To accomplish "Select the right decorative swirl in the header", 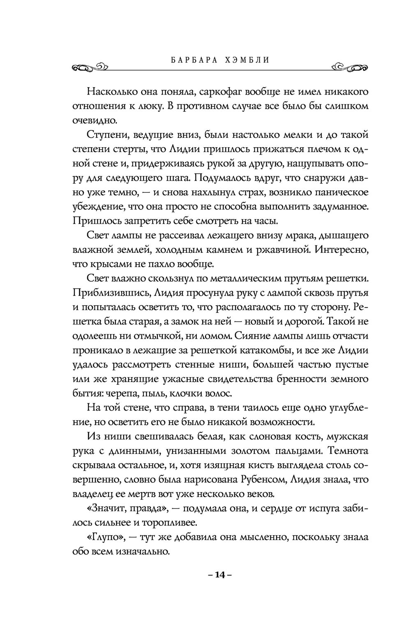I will (349, 67).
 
